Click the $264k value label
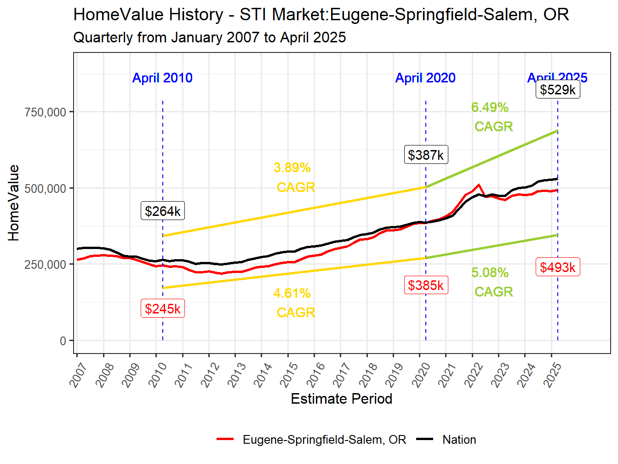click(163, 211)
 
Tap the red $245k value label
click(163, 308)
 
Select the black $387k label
click(426, 155)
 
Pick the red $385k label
click(426, 285)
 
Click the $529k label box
click(558, 89)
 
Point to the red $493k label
click(558, 267)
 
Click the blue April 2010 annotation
click(162, 78)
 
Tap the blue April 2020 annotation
click(425, 78)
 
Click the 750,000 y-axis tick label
click(46, 112)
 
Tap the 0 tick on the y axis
click(63, 341)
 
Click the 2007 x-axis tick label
click(79, 374)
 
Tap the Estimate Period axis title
click(342, 399)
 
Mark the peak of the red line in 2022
click(479, 185)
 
